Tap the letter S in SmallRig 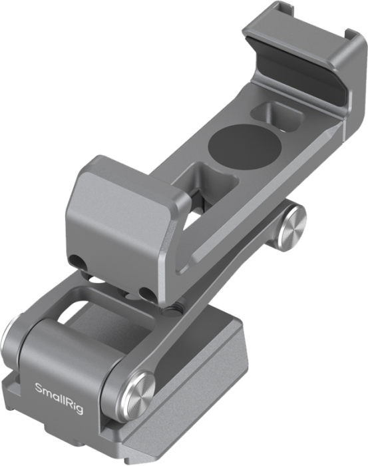click(x=37, y=386)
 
